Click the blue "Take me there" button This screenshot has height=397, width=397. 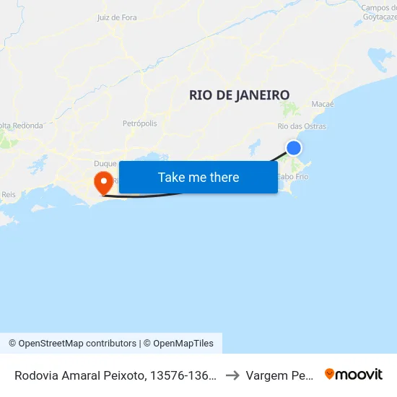[198, 177]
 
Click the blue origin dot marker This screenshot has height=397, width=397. [294, 148]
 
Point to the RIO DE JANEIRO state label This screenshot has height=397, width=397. [239, 95]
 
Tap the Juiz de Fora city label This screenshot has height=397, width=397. [116, 17]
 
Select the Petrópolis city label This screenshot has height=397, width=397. [140, 123]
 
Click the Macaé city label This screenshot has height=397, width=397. [323, 105]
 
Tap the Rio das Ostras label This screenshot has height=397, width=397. [302, 126]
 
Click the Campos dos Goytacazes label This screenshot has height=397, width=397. [378, 12]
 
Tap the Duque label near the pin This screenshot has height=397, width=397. [105, 164]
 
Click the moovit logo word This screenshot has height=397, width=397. [359, 374]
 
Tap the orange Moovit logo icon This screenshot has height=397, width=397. [330, 374]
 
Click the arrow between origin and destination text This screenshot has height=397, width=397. [232, 375]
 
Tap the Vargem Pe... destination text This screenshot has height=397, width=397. [279, 375]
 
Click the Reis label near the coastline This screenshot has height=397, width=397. [9, 194]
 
